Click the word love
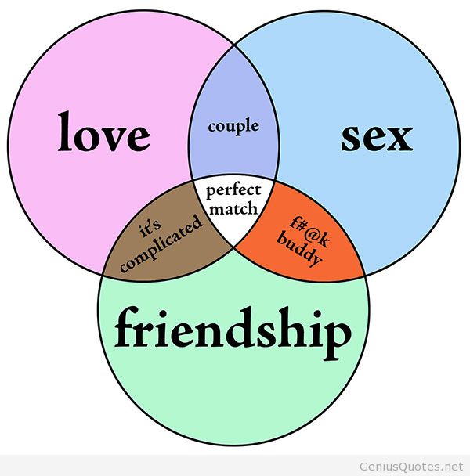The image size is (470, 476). pyautogui.click(x=103, y=133)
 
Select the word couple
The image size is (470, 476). pyautogui.click(x=233, y=125)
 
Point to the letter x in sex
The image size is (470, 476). pyautogui.click(x=399, y=139)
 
